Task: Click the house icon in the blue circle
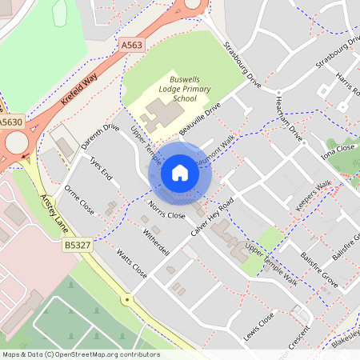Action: click(x=180, y=172)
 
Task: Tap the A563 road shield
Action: click(x=132, y=46)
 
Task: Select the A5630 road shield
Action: click(x=11, y=121)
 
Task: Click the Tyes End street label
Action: click(x=102, y=166)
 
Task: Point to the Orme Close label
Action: click(x=80, y=201)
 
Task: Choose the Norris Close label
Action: click(x=166, y=210)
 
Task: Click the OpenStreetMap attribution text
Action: click(x=80, y=354)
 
